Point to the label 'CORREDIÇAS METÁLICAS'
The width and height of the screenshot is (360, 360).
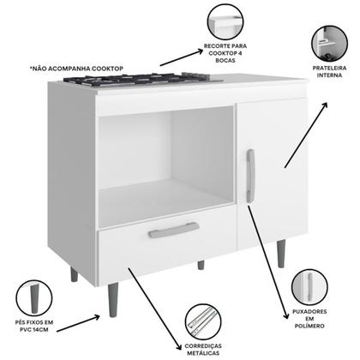(202, 351)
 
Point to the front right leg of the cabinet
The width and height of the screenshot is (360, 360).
(283, 254)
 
